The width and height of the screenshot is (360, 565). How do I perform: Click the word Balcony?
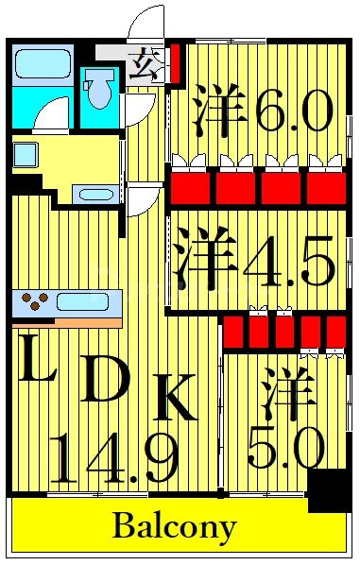(175, 525)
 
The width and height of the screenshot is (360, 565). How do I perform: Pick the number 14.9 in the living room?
(113, 457)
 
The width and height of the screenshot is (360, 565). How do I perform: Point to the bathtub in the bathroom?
(43, 63)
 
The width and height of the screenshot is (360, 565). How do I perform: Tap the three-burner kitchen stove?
(37, 303)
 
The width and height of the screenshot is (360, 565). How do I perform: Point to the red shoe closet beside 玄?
(174, 67)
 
